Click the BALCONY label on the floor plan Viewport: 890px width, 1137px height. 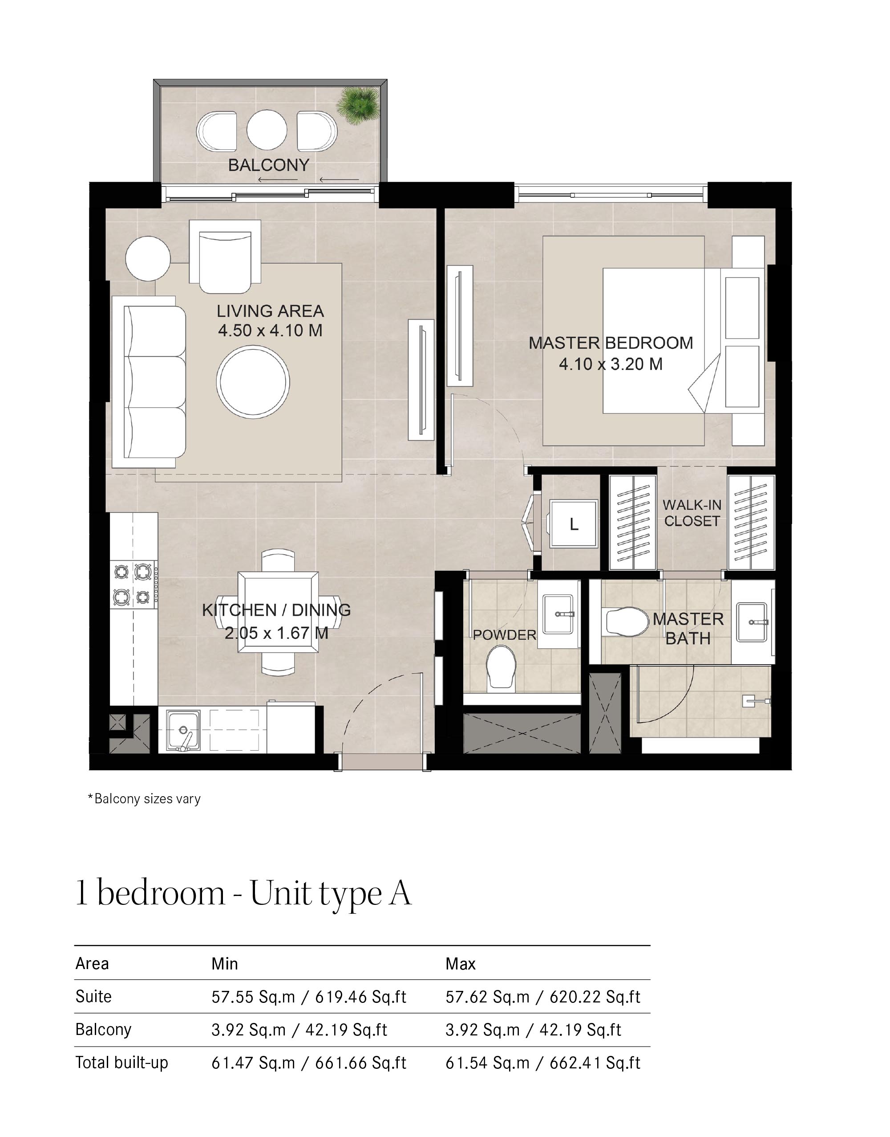pyautogui.click(x=269, y=165)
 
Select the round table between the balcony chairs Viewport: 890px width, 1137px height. pyautogui.click(x=267, y=129)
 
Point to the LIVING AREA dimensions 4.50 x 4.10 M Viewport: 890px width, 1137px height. pyautogui.click(x=270, y=331)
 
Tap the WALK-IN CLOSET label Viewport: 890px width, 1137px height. pyautogui.click(x=692, y=513)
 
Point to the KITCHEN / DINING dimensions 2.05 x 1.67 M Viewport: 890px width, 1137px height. pyautogui.click(x=276, y=633)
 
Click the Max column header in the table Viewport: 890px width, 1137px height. pyautogui.click(x=461, y=964)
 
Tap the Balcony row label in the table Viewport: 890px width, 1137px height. pyautogui.click(x=103, y=1030)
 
